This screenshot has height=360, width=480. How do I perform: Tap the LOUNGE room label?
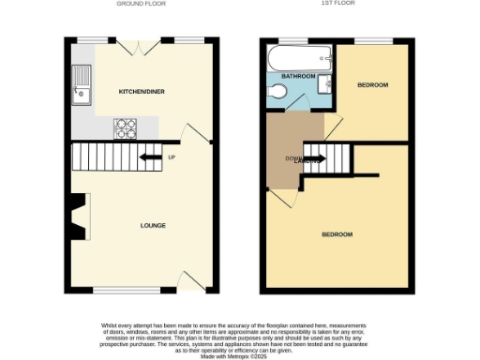pyautogui.click(x=154, y=225)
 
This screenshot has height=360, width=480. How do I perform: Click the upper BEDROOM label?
pyautogui.click(x=372, y=84)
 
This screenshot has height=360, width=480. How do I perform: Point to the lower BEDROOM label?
pyautogui.click(x=337, y=233)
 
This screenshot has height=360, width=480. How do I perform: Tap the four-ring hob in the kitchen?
pyautogui.click(x=126, y=127)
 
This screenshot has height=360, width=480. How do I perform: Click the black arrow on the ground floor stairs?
pyautogui.click(x=149, y=157)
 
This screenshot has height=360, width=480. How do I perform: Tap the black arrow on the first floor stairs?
pyautogui.click(x=315, y=158)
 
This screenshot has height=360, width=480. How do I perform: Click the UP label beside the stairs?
pyautogui.click(x=172, y=157)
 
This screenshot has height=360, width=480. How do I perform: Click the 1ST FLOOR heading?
pyautogui.click(x=339, y=4)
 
